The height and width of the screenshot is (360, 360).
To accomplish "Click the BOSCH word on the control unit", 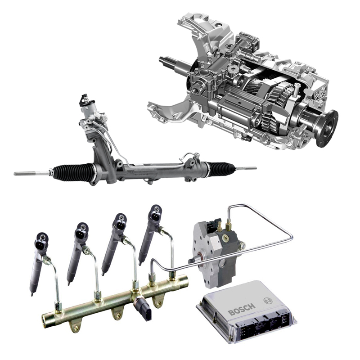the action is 242,309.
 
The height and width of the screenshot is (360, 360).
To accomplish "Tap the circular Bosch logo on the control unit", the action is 267,300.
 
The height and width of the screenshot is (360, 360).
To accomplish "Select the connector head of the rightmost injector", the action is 156,213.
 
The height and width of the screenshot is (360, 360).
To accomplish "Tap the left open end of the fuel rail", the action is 45,319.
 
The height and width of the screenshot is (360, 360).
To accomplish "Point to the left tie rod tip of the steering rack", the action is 15,174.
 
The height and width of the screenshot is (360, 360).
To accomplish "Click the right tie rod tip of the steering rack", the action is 255,168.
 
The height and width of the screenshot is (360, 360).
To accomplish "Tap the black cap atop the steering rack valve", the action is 84,99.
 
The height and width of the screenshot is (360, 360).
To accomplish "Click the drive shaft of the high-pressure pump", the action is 193,261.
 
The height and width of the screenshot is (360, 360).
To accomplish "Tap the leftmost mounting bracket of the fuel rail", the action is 75,326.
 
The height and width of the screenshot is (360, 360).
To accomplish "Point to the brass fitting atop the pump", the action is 228,224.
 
